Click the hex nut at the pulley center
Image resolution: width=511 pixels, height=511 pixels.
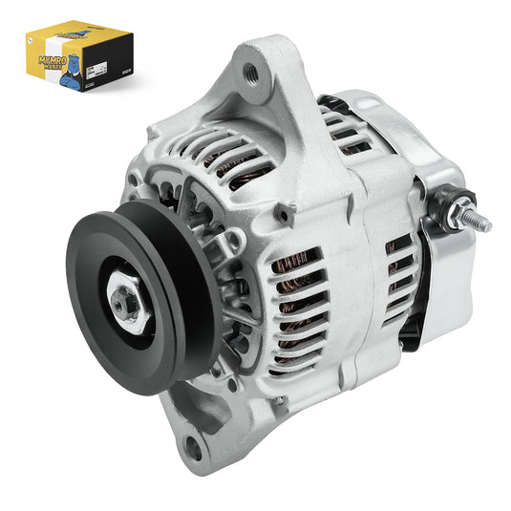click(x=124, y=305)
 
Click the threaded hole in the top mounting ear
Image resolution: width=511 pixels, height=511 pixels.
click(x=251, y=70)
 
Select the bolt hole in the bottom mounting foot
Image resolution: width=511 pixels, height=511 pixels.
click(x=195, y=442)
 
